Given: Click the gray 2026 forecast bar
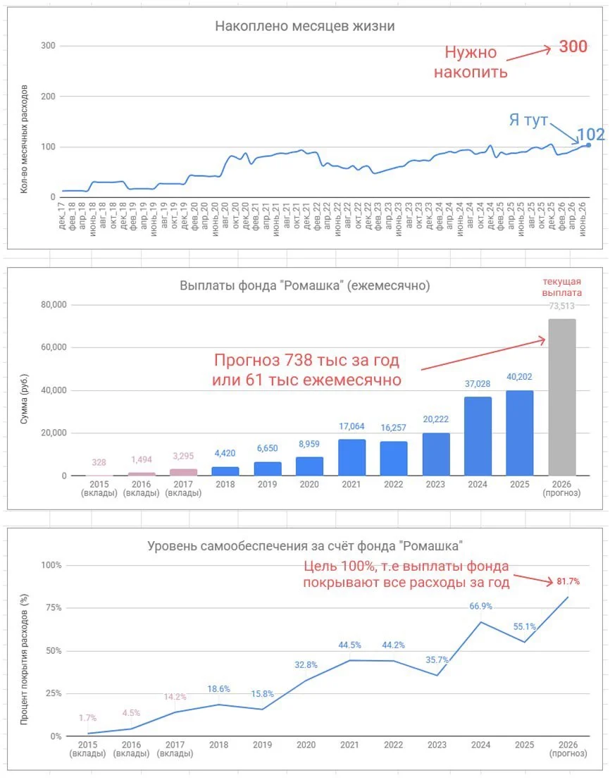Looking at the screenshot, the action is pos(562,397).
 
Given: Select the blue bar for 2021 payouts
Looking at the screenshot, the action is pos(351,458).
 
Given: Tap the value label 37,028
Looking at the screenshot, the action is pos(478,383).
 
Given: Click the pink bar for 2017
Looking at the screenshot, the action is pos(183,473).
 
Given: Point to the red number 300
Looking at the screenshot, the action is pos(573,47).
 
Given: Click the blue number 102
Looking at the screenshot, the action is pos(591,135).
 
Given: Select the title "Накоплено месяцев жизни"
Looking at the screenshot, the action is pos(305,26).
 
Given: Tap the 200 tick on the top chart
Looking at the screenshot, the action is pos(48,97).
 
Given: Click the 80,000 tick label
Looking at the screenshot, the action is pos(54,305).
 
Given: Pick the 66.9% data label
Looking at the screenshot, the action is pos(480,606).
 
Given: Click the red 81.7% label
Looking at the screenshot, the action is pos(568,581).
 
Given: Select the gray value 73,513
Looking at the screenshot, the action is pos(562,306).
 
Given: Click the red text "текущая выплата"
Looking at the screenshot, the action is pos(562,287).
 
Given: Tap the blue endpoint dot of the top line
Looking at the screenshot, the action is pos(589,145).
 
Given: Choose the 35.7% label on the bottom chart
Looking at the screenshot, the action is pos(437,660).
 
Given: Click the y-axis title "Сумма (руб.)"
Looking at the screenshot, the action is pos(24,399).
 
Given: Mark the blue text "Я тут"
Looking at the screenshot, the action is pos(528,120).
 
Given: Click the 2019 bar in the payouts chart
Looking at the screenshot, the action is pos(268,469).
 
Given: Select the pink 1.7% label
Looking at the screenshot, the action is pos(87,718).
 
